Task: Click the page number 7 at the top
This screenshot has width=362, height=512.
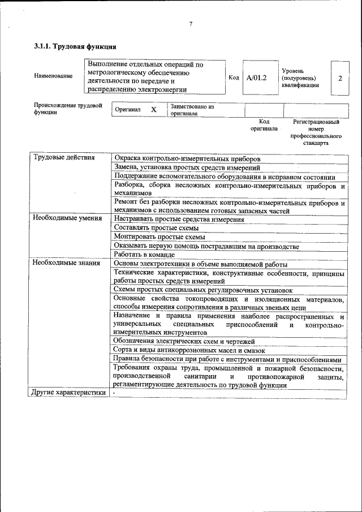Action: click(x=191, y=24)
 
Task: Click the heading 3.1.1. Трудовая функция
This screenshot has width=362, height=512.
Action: click(x=75, y=46)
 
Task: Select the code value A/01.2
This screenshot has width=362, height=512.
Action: click(x=256, y=78)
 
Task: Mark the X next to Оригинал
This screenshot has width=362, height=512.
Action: click(x=153, y=109)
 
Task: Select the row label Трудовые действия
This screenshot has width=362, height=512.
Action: click(x=64, y=157)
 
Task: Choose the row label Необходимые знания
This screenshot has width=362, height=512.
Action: click(x=66, y=263)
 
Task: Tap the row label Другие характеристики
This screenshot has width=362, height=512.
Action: click(x=68, y=392)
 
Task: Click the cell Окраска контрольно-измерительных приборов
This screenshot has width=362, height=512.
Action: click(x=187, y=158)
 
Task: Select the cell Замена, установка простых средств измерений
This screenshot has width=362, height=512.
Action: click(x=187, y=167)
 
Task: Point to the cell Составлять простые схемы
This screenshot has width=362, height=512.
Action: click(x=159, y=227)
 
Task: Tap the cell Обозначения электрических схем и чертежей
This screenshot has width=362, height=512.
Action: click(x=184, y=341)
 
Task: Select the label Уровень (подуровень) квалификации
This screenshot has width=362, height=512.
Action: click(x=300, y=78)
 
